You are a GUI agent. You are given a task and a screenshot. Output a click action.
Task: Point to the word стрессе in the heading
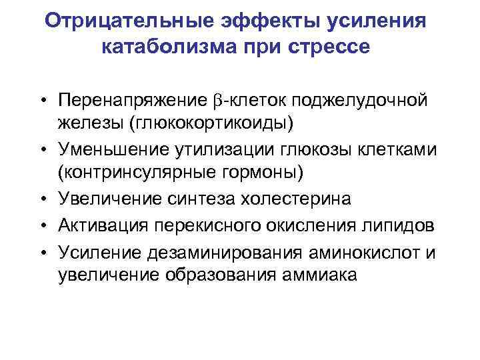point(330,48)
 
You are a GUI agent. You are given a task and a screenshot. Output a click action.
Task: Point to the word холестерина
point(319,199)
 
